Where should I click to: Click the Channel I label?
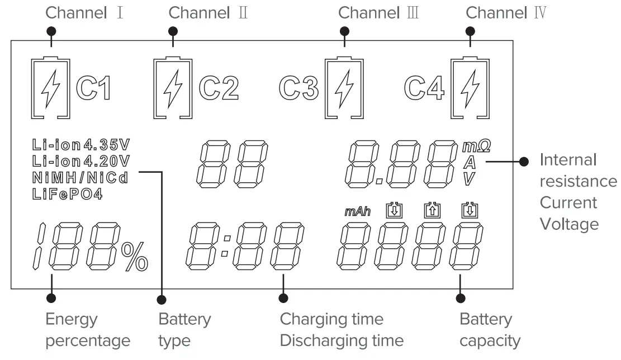[x=83, y=13]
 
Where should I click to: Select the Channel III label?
[x=378, y=13]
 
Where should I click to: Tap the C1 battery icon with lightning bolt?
[x=51, y=88]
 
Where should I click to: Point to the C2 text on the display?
[x=219, y=88]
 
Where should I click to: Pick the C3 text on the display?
[x=299, y=88]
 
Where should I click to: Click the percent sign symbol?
[x=134, y=257]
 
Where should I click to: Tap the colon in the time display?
[x=225, y=246]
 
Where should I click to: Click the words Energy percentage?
[x=87, y=330]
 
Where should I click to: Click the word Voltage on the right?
[x=568, y=224]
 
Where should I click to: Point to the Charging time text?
[x=331, y=319]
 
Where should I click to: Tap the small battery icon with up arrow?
[x=430, y=210]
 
